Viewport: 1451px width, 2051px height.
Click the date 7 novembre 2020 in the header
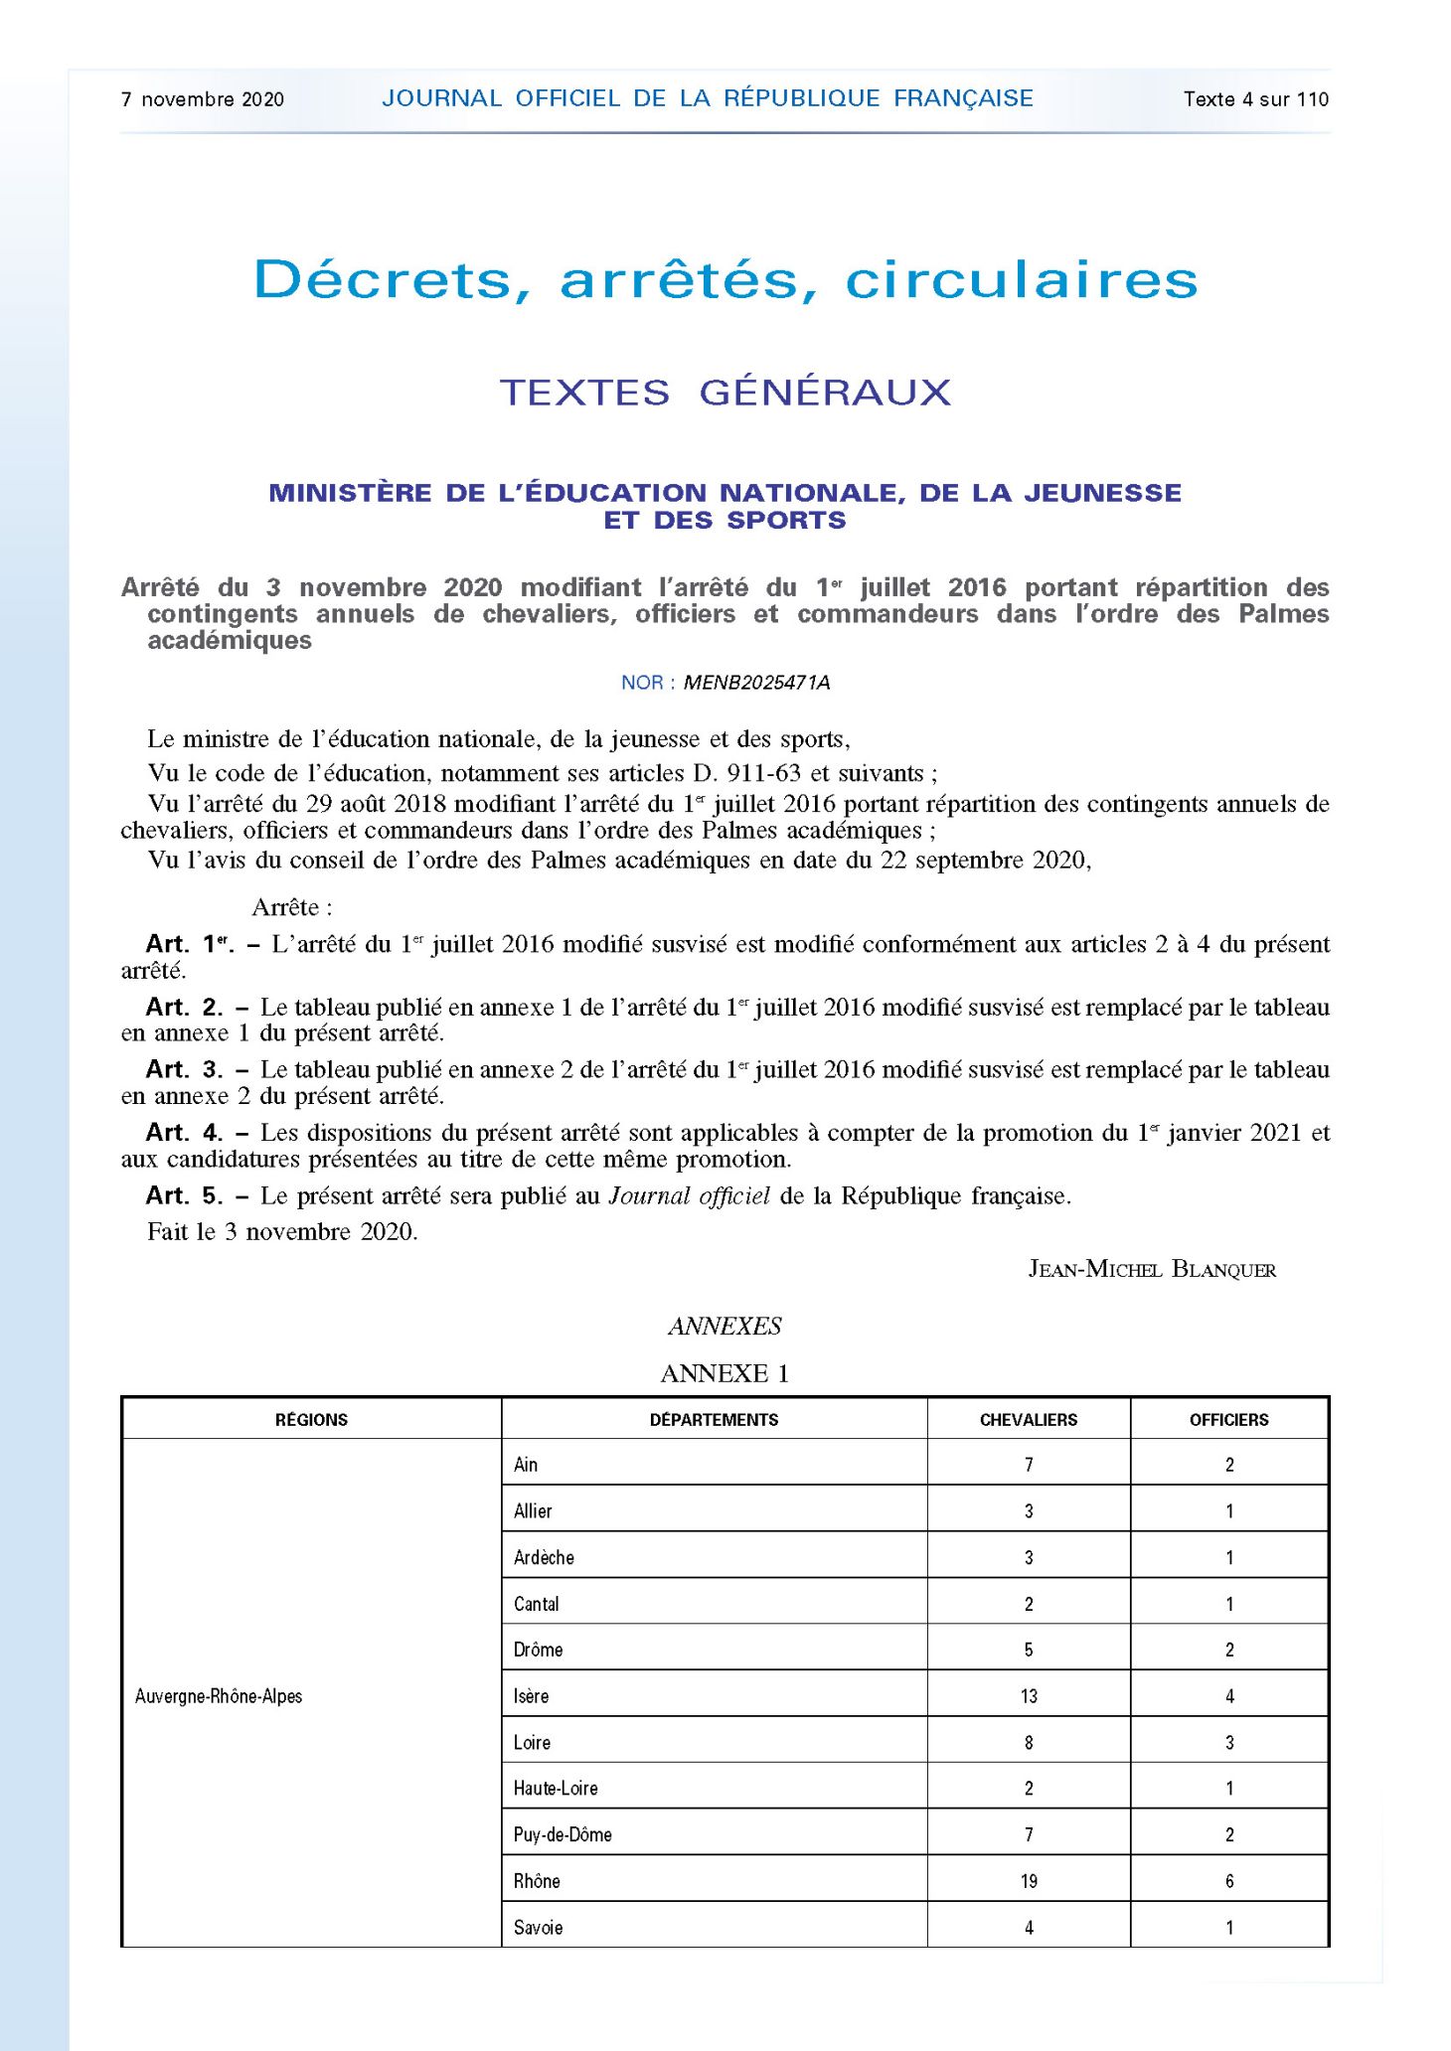(x=203, y=99)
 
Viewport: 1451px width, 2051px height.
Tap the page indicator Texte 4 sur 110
(x=1255, y=99)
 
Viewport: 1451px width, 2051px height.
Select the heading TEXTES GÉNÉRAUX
(x=725, y=393)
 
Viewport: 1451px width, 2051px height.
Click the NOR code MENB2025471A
(x=756, y=683)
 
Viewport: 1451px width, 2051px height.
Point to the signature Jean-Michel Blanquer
(x=1152, y=1269)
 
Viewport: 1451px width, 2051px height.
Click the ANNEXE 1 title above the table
(x=725, y=1373)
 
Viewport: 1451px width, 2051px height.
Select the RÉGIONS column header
(x=311, y=1420)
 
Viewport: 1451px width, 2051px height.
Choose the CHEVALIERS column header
(x=1029, y=1420)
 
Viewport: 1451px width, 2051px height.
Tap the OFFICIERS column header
(x=1228, y=1420)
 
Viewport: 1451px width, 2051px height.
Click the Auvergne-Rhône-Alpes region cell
(x=219, y=1696)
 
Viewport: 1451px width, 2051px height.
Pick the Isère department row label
(x=532, y=1696)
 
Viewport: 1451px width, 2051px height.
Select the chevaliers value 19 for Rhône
(x=1029, y=1881)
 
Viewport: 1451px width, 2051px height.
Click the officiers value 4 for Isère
(x=1229, y=1696)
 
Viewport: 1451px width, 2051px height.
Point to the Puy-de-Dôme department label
(x=563, y=1834)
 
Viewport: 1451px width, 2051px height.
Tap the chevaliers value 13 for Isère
(x=1029, y=1696)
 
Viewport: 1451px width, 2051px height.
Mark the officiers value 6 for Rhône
(x=1229, y=1881)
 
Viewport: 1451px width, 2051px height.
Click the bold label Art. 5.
(x=184, y=1195)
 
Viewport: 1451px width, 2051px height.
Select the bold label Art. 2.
(x=184, y=1007)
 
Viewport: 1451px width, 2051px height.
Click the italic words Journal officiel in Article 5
(x=689, y=1195)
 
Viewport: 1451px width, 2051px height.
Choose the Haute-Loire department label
(x=556, y=1789)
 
